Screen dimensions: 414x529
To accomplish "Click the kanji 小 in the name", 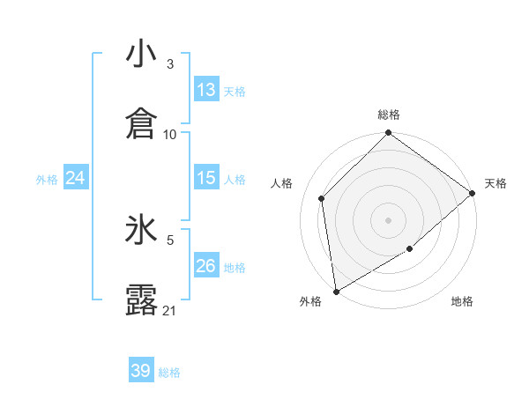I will click(x=142, y=55).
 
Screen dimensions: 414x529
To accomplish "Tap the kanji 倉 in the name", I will click(x=142, y=123).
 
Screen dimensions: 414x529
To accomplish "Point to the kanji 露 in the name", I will click(x=142, y=299).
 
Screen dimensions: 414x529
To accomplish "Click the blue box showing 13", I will click(x=206, y=90).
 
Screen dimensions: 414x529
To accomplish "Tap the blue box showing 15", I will click(x=206, y=178).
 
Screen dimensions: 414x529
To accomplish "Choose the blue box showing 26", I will click(x=206, y=266).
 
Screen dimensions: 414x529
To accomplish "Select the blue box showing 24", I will click(x=76, y=178).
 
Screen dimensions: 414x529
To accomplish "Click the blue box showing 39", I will click(x=141, y=371).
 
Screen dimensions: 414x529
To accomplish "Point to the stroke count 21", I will click(x=170, y=310).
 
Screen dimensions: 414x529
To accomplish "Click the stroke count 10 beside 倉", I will click(x=170, y=134).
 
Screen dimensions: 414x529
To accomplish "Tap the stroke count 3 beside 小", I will click(x=170, y=64).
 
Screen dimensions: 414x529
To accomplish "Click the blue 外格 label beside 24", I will click(x=47, y=180).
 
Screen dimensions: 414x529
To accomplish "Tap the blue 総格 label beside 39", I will click(x=169, y=373).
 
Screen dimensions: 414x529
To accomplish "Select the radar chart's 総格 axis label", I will click(x=389, y=115).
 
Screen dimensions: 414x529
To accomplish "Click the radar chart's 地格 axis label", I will click(x=462, y=302).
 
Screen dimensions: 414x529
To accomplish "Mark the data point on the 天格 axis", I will click(x=473, y=194).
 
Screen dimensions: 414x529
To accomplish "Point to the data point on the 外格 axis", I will click(x=336, y=291).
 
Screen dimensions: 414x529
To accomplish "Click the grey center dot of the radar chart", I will click(x=389, y=219).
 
